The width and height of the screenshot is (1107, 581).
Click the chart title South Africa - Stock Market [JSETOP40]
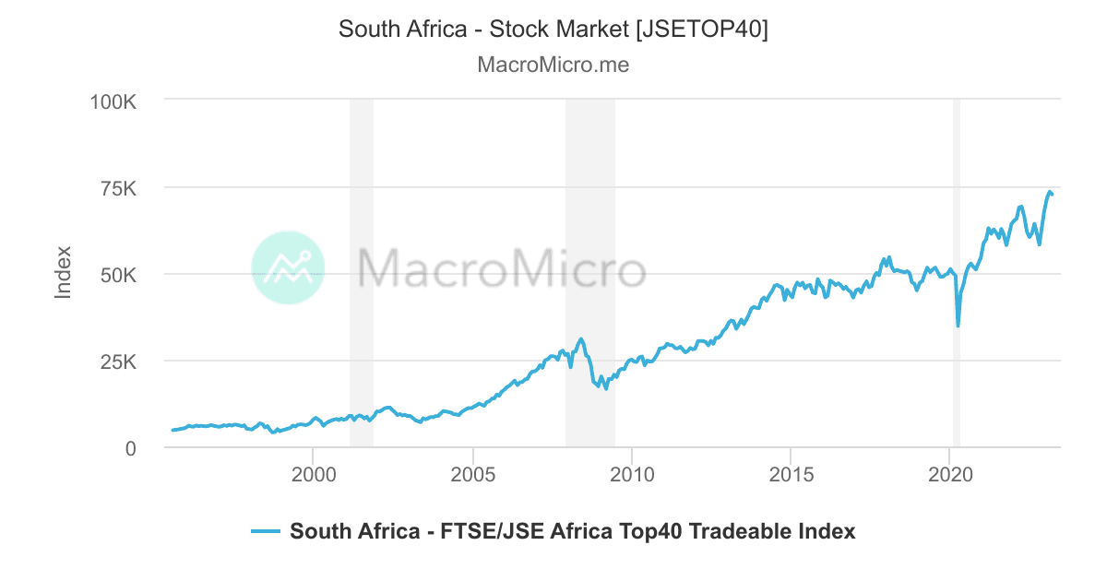[x=553, y=29]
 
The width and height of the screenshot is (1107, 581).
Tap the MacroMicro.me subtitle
[x=553, y=65]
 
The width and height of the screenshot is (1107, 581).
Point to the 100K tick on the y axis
[x=113, y=100]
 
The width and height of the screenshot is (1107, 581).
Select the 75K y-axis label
[x=118, y=188]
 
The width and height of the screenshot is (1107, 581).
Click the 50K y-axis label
[x=118, y=275]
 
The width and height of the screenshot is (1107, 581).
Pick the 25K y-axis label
[x=118, y=362]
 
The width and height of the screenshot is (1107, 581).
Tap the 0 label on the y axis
[x=131, y=448]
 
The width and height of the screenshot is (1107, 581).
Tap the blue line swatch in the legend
[x=265, y=531]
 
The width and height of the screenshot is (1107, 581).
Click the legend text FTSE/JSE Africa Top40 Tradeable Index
[x=572, y=531]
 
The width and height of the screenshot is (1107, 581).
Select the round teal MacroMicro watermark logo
[x=288, y=267]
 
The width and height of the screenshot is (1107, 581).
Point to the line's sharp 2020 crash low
[x=958, y=326]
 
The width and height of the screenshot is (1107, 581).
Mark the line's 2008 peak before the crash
[x=580, y=339]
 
